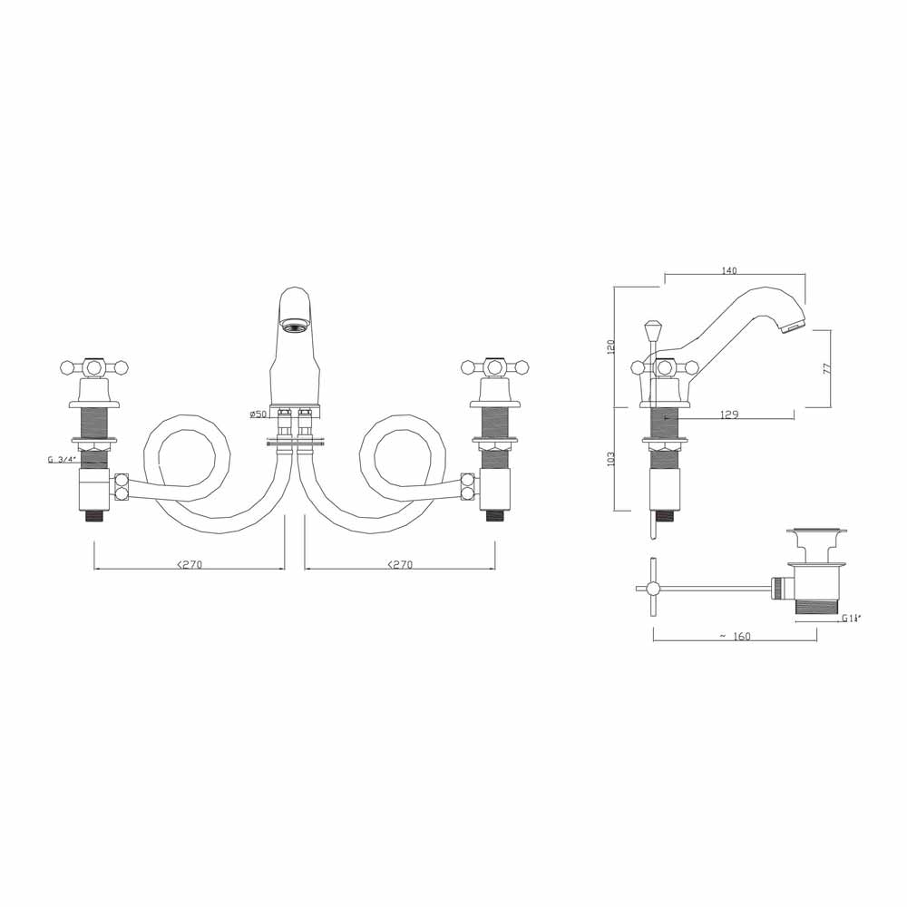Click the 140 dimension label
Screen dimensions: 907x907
[x=729, y=269]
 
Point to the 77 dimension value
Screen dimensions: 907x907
[x=824, y=368]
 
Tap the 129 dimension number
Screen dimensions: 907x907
[x=729, y=414]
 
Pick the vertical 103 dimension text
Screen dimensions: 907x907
[x=610, y=460]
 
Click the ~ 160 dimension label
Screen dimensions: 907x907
[x=735, y=636]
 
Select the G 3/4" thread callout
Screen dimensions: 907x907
[x=61, y=460]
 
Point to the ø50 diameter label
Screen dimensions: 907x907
[x=258, y=414]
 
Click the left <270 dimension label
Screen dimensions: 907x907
[x=189, y=564]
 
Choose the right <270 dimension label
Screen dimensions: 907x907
[x=399, y=564]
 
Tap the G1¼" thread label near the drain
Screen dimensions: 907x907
[x=851, y=619]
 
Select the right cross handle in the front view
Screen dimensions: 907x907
[x=494, y=367]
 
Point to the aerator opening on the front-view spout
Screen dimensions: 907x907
[x=294, y=323]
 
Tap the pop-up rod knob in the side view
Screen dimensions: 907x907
[x=650, y=327]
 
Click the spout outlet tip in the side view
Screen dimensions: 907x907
[x=795, y=324]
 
